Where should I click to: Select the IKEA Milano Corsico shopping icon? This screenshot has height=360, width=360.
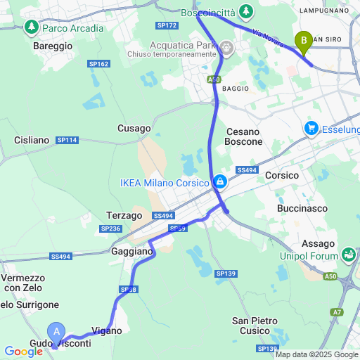point(221,182)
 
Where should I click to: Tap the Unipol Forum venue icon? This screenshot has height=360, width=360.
point(348,254)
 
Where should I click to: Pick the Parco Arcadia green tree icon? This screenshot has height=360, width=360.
point(31,27)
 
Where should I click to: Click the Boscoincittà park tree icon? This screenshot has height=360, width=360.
point(246,11)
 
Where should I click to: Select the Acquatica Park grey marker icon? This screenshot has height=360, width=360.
point(226,48)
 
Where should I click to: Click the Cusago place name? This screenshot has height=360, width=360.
point(134,129)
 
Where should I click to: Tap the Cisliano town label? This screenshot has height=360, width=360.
point(32,140)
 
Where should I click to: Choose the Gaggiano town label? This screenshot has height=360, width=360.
point(131,251)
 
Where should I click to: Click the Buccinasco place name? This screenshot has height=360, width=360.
point(303,209)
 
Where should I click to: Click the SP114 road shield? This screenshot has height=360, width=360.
point(67,140)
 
